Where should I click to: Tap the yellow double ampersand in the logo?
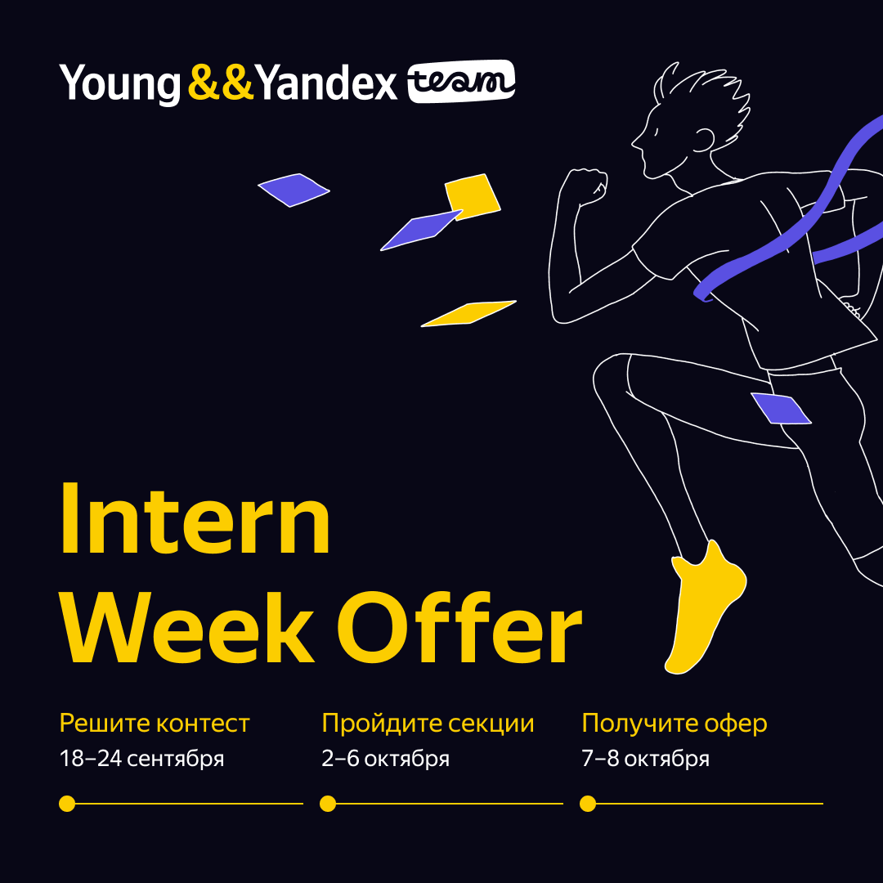click(x=220, y=83)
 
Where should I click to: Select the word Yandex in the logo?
click(x=327, y=83)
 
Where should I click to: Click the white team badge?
click(x=461, y=82)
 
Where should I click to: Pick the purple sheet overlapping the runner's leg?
click(x=781, y=408)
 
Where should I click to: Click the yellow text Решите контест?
click(x=155, y=724)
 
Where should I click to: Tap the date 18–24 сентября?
click(x=141, y=759)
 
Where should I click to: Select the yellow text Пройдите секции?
click(x=428, y=724)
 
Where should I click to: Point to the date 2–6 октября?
click(x=385, y=759)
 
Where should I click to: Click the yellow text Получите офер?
click(x=675, y=724)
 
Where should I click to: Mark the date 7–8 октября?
click(x=645, y=759)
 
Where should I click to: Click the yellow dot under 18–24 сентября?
click(x=67, y=804)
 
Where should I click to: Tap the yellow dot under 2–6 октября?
click(x=328, y=804)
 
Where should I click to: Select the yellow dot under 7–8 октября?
click(x=587, y=804)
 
